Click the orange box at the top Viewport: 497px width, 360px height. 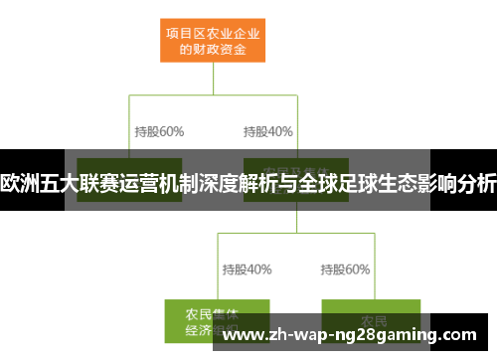tap(215, 38)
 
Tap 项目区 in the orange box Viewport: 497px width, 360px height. tap(183, 29)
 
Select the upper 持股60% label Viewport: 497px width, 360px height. tap(158, 131)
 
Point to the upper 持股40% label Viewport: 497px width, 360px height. tap(267, 131)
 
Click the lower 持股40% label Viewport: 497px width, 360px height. tap(247, 269)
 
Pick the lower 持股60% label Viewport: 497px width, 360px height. tap(345, 269)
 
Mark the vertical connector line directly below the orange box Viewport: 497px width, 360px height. tap(214, 80)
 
